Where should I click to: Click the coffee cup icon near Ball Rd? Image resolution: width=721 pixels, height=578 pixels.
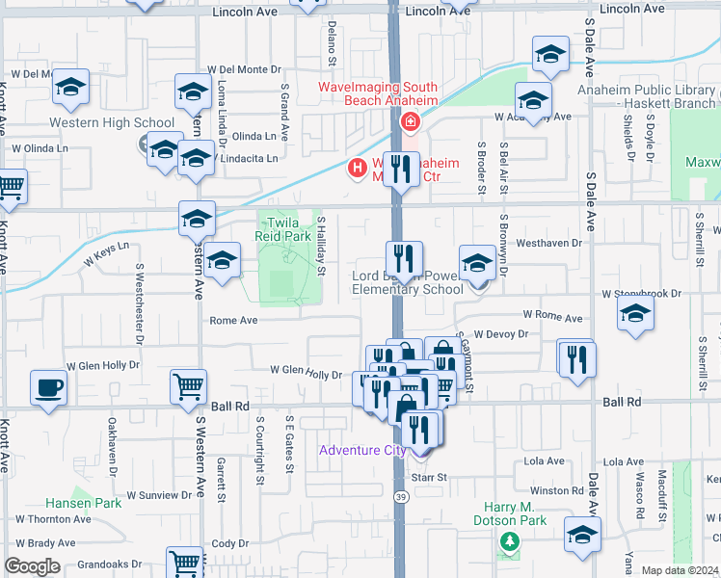49,388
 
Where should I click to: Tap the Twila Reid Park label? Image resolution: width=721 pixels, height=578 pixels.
283,228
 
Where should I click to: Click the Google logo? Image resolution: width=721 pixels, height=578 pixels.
32,566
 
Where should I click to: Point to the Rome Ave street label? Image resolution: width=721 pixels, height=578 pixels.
233,321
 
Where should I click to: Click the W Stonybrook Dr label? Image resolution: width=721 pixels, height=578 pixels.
641,293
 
